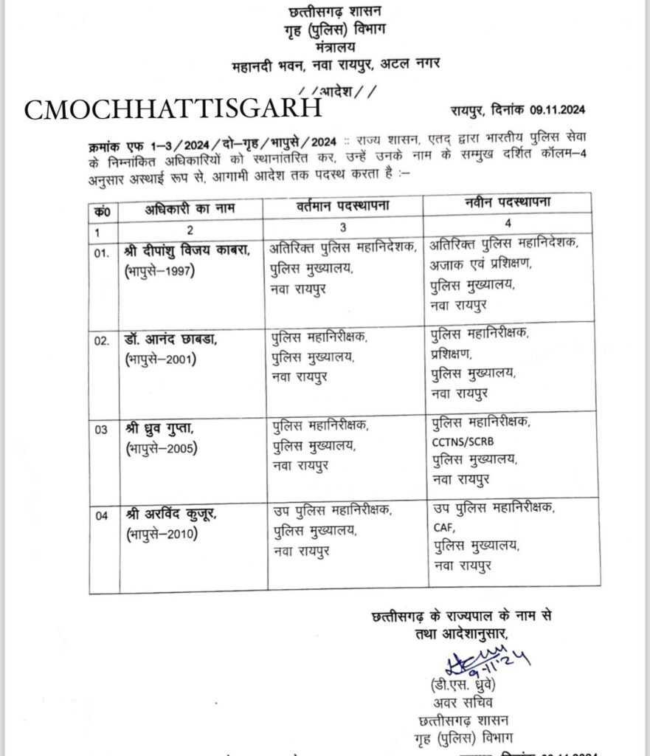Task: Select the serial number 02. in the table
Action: [102, 342]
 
